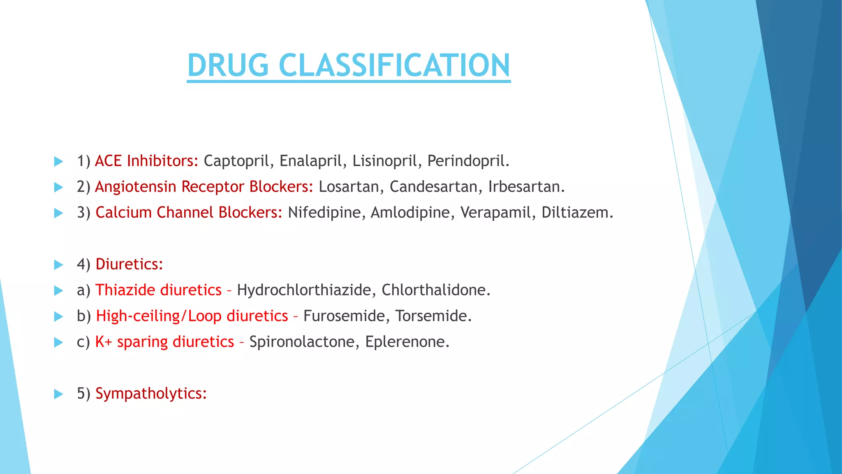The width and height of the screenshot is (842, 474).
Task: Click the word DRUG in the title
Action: click(228, 65)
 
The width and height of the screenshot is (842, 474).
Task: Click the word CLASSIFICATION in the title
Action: click(394, 65)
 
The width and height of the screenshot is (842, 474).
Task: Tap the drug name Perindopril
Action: click(468, 161)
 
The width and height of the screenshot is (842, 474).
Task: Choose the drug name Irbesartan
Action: click(526, 187)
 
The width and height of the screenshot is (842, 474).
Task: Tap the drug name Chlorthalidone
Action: click(435, 290)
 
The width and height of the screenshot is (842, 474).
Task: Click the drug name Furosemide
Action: click(347, 316)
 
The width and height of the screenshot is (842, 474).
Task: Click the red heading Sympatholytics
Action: click(150, 394)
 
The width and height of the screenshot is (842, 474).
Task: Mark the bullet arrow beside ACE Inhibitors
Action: click(59, 161)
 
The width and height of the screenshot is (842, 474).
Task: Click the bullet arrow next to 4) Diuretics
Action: click(59, 265)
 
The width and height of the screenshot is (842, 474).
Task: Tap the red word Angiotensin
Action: click(136, 187)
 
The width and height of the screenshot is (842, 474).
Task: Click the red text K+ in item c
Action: click(104, 342)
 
